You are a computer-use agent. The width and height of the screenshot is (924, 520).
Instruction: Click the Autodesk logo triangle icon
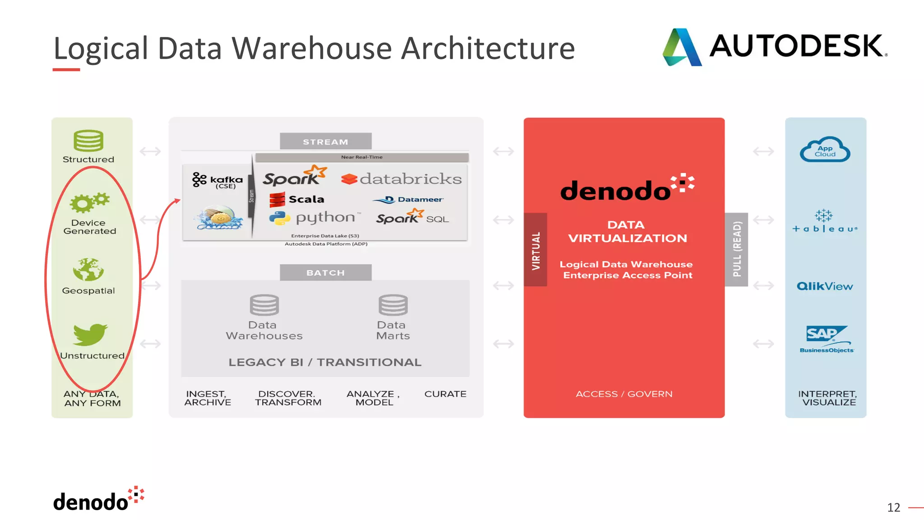point(682,47)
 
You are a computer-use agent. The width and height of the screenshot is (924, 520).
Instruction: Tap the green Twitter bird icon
point(90,334)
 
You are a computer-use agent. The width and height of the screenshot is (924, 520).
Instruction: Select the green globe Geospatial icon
point(88,269)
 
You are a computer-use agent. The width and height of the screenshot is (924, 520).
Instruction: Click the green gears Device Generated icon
point(89,203)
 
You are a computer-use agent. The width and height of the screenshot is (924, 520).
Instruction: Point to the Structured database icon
point(88,141)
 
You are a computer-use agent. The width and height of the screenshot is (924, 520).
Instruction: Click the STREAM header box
point(325,142)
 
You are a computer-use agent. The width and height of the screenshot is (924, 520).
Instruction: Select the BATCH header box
point(325,273)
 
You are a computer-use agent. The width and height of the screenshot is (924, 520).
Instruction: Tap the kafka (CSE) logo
point(217,180)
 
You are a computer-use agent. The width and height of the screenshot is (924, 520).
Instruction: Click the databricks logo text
point(402,179)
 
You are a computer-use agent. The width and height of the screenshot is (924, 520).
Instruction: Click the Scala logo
point(296,199)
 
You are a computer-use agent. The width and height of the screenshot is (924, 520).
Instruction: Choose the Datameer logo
point(408,200)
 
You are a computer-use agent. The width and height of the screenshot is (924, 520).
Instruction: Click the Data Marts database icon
point(393,305)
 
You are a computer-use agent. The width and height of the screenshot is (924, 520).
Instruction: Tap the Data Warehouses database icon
point(264,305)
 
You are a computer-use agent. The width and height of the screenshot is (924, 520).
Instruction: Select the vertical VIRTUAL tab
point(536,250)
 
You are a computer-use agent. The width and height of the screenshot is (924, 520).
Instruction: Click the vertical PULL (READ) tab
point(736,250)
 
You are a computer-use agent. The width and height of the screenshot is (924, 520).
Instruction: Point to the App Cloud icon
point(825,150)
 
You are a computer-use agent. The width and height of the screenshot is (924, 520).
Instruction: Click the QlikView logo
point(825,286)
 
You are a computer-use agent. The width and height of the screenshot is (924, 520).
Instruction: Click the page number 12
point(893,507)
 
